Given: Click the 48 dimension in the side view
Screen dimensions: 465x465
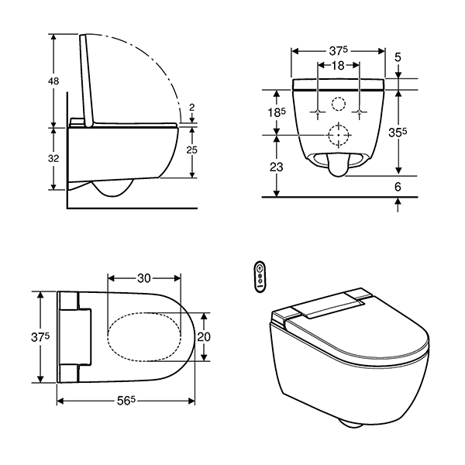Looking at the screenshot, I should coord(55,81).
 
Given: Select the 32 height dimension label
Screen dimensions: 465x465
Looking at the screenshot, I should coord(55,157).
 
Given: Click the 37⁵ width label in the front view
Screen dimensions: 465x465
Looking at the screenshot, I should coord(338,50).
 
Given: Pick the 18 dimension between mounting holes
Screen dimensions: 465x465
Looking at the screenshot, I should coord(339,67).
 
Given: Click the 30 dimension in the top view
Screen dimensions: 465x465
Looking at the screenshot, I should coord(144,277).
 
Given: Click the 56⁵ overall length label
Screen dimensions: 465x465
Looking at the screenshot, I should coord(126,401).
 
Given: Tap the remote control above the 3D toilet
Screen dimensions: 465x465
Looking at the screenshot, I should coord(261,276).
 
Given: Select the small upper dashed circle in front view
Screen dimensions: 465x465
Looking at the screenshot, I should coord(339,104).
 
